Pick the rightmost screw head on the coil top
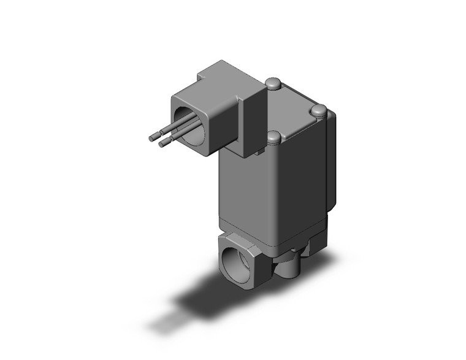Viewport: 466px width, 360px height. click(x=319, y=111)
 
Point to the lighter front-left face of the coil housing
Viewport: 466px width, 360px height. click(x=245, y=184)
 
